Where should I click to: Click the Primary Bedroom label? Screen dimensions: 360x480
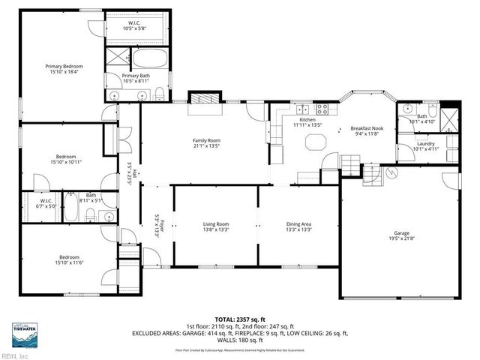(62, 67)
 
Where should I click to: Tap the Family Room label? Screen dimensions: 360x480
(206, 140)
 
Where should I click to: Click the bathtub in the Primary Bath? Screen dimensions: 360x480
(152, 59)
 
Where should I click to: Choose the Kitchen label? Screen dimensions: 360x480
(307, 120)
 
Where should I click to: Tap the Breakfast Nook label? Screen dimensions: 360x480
(367, 129)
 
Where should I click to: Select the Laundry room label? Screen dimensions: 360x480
(426, 143)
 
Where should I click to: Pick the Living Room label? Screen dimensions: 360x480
(216, 224)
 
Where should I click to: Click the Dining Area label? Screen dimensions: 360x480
(298, 224)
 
